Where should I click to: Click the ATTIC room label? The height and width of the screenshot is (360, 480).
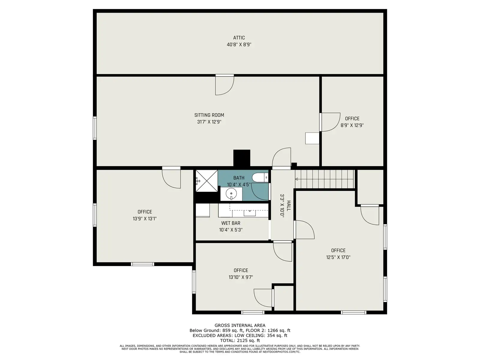tap(239, 38)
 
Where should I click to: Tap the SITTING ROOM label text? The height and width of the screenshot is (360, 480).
tap(209, 115)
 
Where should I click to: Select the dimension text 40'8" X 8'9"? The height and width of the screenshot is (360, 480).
tap(239, 45)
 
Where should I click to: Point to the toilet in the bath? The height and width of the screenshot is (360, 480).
tap(260, 178)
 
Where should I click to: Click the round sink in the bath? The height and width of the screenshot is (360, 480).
tap(231, 194)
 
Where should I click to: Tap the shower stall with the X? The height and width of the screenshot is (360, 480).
tap(206, 181)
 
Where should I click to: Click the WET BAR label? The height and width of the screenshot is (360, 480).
tap(231, 223)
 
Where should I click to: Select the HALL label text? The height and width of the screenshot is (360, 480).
tap(289, 206)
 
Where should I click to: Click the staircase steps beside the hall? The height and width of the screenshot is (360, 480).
tap(324, 179)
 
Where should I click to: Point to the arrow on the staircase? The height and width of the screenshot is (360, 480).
tap(296, 179)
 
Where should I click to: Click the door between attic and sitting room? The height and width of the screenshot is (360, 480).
tap(225, 85)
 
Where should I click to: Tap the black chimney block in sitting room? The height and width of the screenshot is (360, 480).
tap(241, 158)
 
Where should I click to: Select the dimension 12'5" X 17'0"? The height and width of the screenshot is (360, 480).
tap(338, 257)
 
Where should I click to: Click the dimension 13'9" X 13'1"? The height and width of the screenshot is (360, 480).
tap(145, 219)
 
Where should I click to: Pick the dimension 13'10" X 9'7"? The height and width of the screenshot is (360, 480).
tap(241, 277)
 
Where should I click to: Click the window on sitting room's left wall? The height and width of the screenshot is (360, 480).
tap(95, 128)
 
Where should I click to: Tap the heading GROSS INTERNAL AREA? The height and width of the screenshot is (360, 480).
tap(240, 325)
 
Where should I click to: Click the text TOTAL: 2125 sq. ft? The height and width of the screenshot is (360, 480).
tap(240, 340)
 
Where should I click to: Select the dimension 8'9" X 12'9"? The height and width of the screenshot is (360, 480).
tap(352, 125)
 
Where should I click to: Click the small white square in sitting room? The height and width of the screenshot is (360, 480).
tap(312, 138)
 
